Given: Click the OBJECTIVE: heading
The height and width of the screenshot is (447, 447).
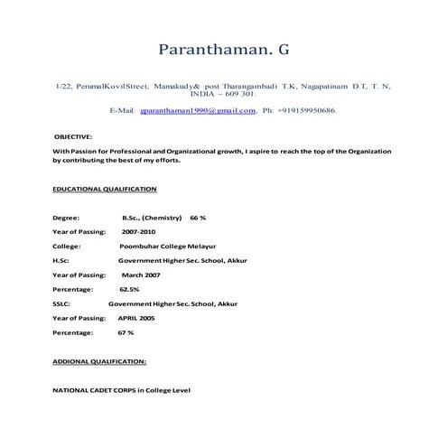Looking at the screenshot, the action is [73, 135].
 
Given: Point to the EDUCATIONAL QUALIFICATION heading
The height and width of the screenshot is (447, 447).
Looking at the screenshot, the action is [105, 189].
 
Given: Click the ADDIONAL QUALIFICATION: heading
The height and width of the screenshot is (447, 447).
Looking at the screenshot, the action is [99, 360].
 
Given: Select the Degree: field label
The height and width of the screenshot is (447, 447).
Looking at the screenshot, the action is [66, 218].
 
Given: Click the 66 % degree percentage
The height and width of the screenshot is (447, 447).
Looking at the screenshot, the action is [198, 218].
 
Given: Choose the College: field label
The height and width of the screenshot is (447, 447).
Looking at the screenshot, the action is [67, 246].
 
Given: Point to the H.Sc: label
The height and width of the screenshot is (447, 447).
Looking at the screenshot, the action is [61, 260].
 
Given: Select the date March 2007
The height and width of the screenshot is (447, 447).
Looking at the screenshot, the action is [141, 275].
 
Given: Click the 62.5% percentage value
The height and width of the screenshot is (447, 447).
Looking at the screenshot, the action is [129, 289].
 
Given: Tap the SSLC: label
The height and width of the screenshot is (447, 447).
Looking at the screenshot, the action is [62, 303].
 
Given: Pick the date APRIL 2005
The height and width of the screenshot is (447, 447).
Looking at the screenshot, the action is [136, 318].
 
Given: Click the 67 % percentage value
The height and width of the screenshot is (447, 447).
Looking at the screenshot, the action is [126, 332].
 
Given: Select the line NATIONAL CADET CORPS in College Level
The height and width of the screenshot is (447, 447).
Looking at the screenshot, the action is [122, 389].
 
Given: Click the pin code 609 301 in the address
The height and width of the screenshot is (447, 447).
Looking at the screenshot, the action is [238, 93].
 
